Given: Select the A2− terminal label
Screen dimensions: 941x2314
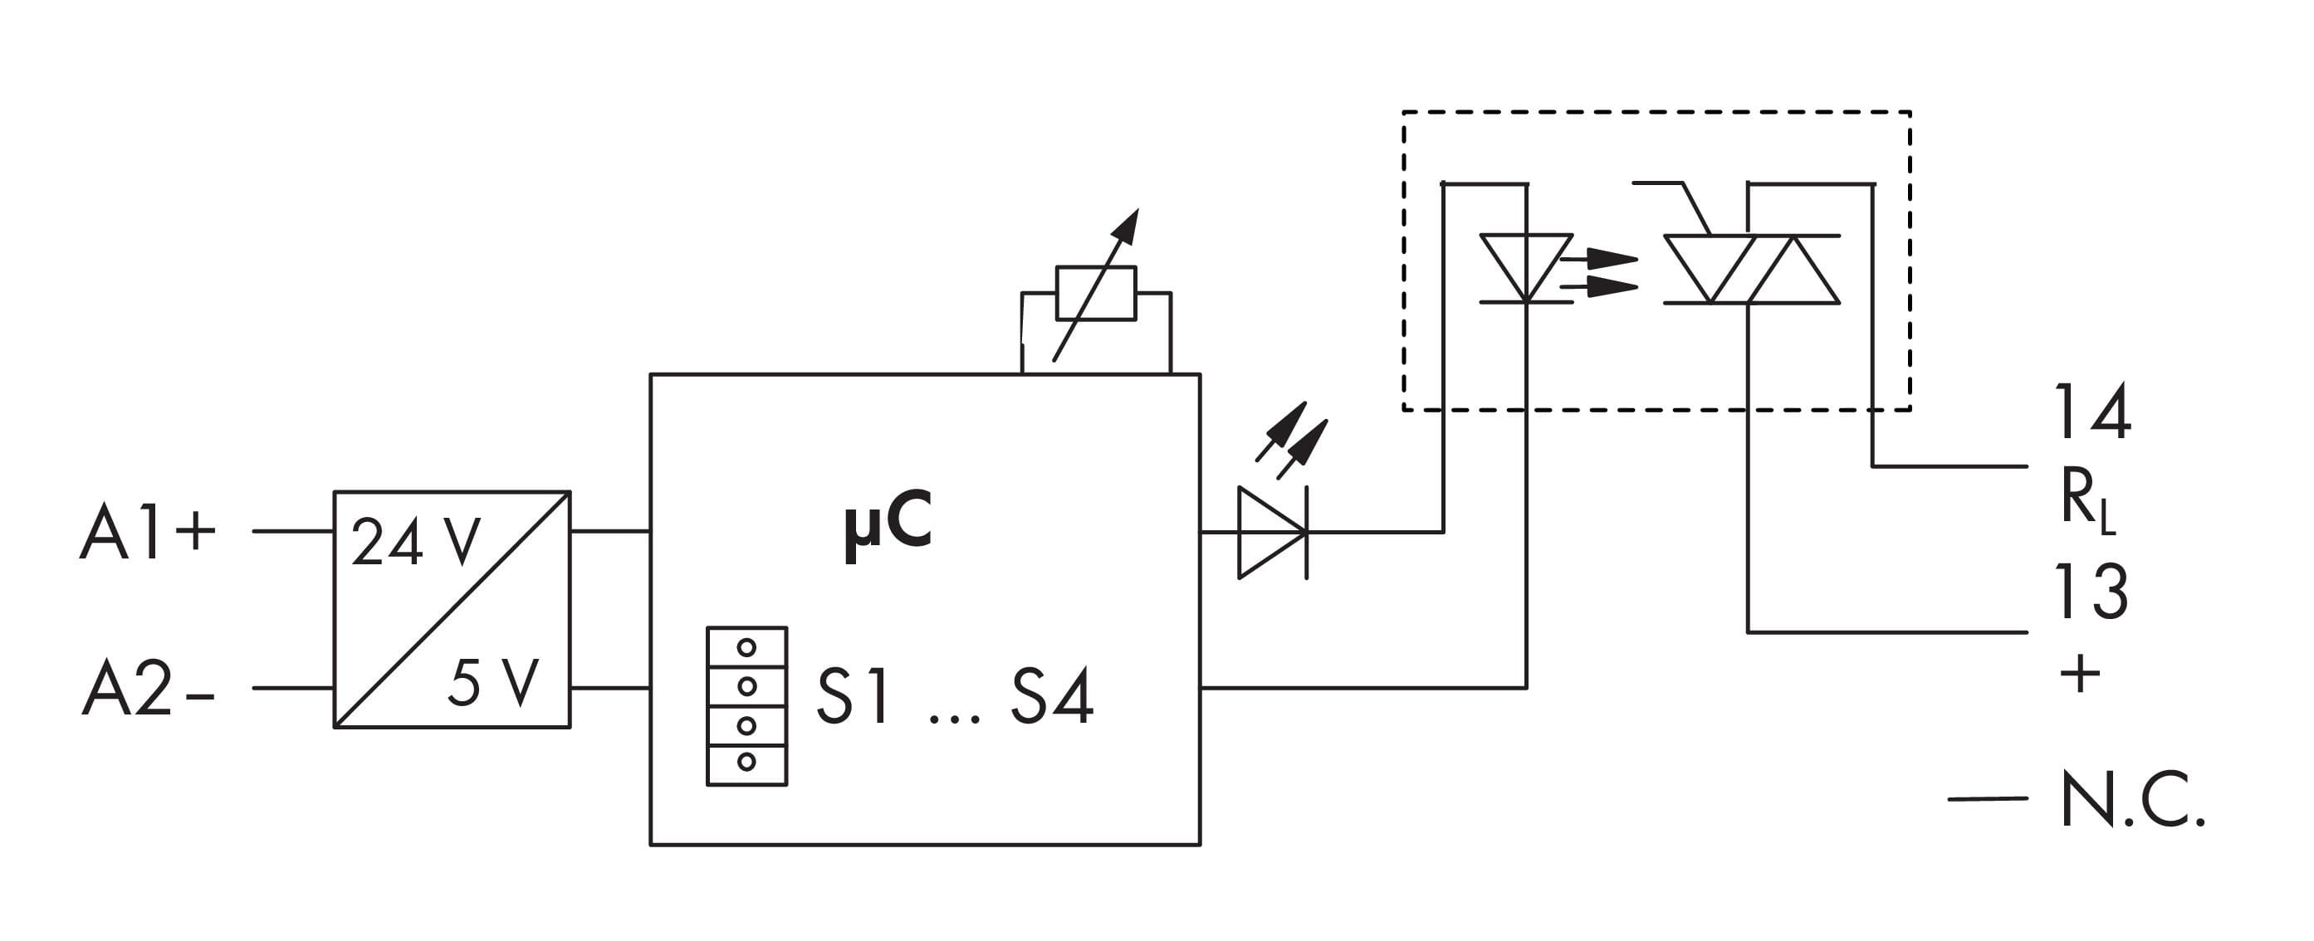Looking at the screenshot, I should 149,690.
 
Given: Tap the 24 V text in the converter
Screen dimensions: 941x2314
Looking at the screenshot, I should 415,543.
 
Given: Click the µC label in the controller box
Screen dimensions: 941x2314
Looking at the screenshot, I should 888,524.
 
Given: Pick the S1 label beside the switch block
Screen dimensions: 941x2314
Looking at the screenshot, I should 854,697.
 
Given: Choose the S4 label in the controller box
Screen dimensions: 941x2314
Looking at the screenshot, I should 1052,697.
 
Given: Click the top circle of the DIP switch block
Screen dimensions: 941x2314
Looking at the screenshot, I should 746,647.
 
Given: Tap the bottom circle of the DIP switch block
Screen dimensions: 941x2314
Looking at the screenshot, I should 746,763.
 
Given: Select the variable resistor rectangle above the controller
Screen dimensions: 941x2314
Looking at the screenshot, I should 1096,293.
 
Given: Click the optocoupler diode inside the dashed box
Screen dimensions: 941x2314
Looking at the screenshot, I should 1525,267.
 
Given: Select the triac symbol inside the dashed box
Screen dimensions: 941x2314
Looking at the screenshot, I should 1750,269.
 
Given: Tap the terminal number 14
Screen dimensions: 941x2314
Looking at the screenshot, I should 2092,413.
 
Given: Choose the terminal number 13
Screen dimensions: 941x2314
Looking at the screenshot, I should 2091,592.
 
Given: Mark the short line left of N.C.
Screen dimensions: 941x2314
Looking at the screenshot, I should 1987,798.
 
